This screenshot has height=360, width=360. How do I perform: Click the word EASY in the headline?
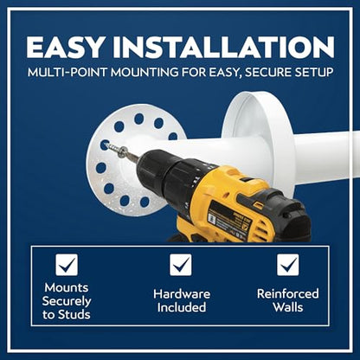(x=65, y=47)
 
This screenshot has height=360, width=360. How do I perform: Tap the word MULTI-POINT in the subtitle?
(x=67, y=72)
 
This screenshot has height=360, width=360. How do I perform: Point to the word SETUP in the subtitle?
(x=314, y=72)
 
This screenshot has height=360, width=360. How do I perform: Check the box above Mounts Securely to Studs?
(x=67, y=265)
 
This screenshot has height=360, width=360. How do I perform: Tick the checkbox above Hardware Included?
(x=181, y=265)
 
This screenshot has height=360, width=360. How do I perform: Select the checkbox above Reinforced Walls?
(x=288, y=265)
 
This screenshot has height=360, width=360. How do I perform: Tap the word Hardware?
(x=182, y=294)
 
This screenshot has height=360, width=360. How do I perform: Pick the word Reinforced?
(x=288, y=294)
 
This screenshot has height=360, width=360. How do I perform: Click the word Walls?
(x=288, y=307)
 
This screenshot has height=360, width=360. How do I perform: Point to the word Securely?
(x=67, y=301)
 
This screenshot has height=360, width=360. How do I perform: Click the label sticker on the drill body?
(x=228, y=220)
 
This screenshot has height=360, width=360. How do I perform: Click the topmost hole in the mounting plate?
(x=139, y=119)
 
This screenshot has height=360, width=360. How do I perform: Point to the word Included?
(x=182, y=307)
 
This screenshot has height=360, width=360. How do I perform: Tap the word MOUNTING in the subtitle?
(x=145, y=72)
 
